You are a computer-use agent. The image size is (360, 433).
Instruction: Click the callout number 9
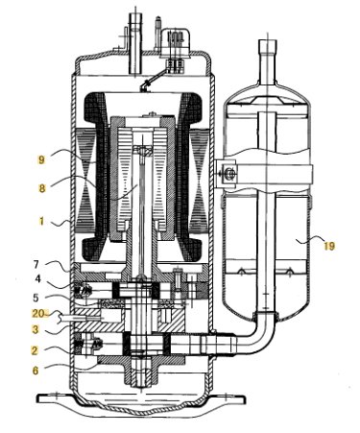[41, 159]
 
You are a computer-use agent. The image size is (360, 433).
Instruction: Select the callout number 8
[42, 188]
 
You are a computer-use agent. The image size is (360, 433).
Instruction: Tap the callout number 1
[41, 221]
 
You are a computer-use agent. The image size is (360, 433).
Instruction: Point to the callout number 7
[36, 265]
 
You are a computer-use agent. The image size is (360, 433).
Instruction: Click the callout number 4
[38, 279]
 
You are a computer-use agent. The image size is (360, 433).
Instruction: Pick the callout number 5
[36, 298]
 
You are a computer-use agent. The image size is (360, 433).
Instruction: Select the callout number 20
[38, 314]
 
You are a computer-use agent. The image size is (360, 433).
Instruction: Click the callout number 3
[36, 329]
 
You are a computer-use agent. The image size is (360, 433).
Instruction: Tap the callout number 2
[35, 350]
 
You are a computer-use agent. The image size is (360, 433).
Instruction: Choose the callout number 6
[36, 371]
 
